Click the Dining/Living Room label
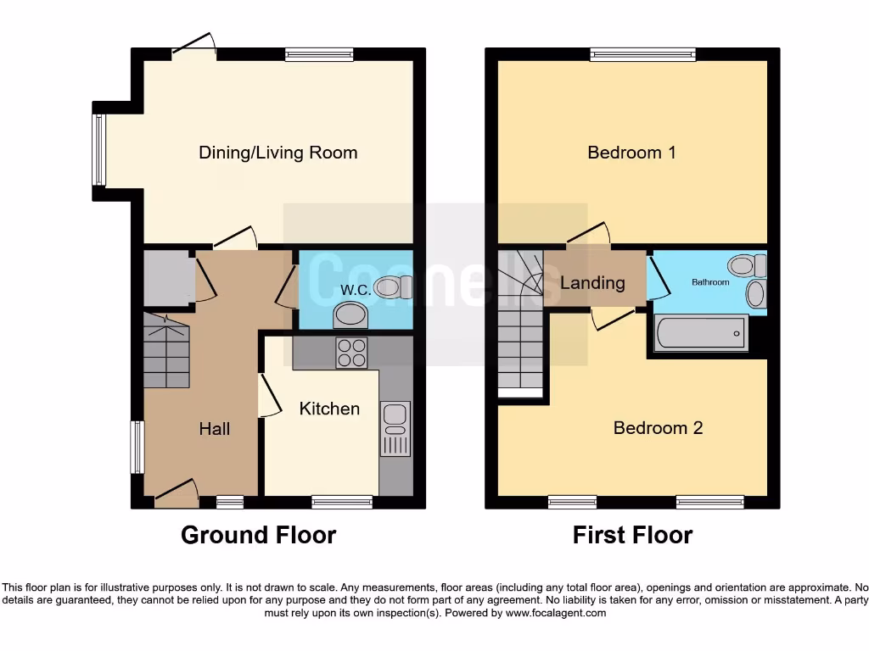278,153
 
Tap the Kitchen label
329,409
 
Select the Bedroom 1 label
631,153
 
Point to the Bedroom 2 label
658,428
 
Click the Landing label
592,283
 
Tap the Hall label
215,429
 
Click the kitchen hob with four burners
353,353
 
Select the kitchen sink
395,415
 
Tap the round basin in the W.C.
351,316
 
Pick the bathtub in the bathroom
701,333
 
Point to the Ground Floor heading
258,536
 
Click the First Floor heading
632,536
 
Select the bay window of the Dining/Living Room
100,150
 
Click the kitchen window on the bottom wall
341,502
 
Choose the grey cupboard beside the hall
167,278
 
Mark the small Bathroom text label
709,282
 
